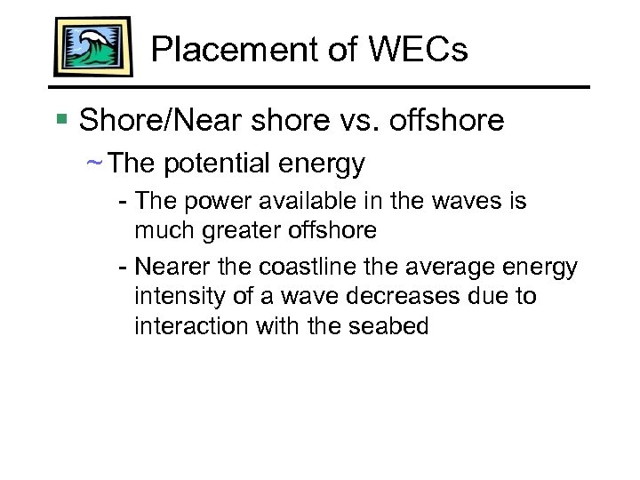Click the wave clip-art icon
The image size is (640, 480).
(92, 46)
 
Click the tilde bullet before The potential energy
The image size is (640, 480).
(94, 164)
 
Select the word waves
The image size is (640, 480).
(471, 202)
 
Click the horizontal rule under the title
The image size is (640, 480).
(320, 87)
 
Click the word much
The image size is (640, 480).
(164, 231)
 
